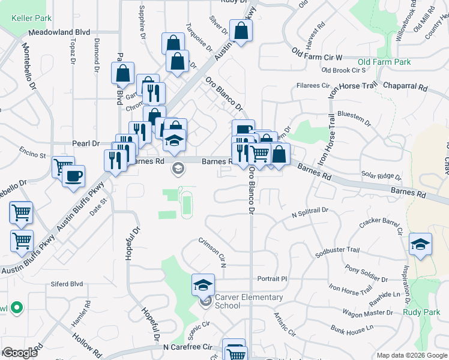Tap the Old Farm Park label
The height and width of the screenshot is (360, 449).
384,62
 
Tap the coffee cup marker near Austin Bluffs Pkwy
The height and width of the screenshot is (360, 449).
74,176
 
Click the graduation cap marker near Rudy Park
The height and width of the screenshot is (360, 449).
420,244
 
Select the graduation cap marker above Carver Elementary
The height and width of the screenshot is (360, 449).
203,284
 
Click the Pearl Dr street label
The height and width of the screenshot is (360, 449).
85,143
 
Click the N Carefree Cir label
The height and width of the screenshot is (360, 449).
188,347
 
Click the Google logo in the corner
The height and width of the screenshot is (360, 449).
20,353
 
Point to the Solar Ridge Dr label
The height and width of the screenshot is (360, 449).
381,175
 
